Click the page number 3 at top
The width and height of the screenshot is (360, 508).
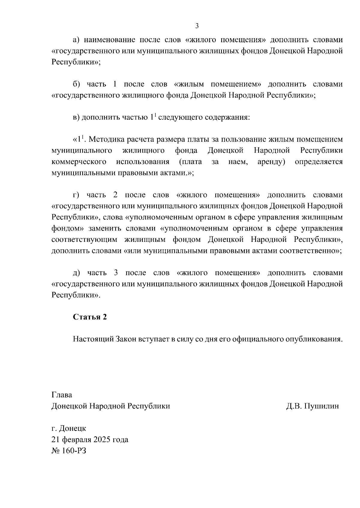click(x=197, y=26)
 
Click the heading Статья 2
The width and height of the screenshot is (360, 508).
click(x=90, y=317)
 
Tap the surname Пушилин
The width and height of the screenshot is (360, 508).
click(x=321, y=406)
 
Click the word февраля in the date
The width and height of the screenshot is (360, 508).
click(x=77, y=439)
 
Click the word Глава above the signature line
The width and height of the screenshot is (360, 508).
click(x=62, y=395)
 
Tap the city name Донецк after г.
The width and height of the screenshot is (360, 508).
click(x=73, y=428)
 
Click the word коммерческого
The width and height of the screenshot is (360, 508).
click(x=79, y=162)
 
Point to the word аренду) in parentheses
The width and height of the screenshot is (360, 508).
click(x=271, y=162)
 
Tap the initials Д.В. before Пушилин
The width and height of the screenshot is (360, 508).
click(x=293, y=406)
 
